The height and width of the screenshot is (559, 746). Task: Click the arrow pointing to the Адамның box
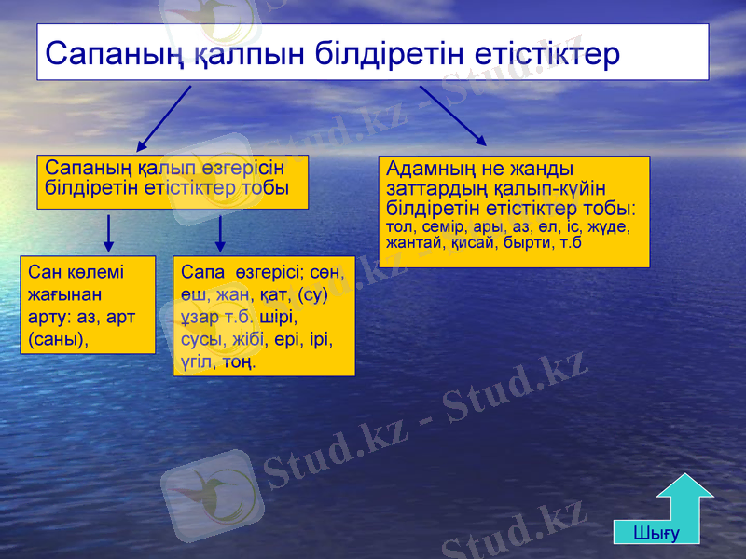(453, 116)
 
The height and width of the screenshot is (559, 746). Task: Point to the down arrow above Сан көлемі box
(109, 234)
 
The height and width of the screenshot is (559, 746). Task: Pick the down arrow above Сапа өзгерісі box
(220, 234)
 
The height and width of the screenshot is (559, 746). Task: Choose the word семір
(443, 226)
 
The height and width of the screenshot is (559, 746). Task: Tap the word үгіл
(197, 361)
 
